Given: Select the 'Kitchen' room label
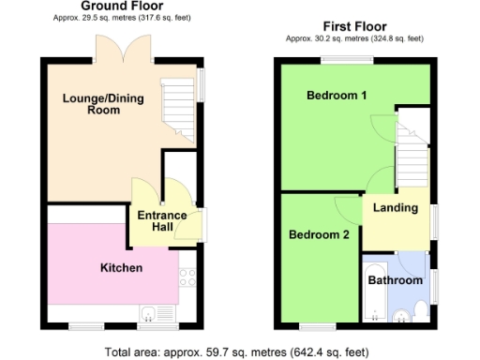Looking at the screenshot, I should click(x=121, y=268).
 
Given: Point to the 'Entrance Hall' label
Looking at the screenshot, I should click(x=162, y=221).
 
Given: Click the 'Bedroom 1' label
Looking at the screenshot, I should click(x=336, y=96).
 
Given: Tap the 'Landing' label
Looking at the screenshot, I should click(x=395, y=207).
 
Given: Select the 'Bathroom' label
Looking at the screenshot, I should click(x=394, y=279).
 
